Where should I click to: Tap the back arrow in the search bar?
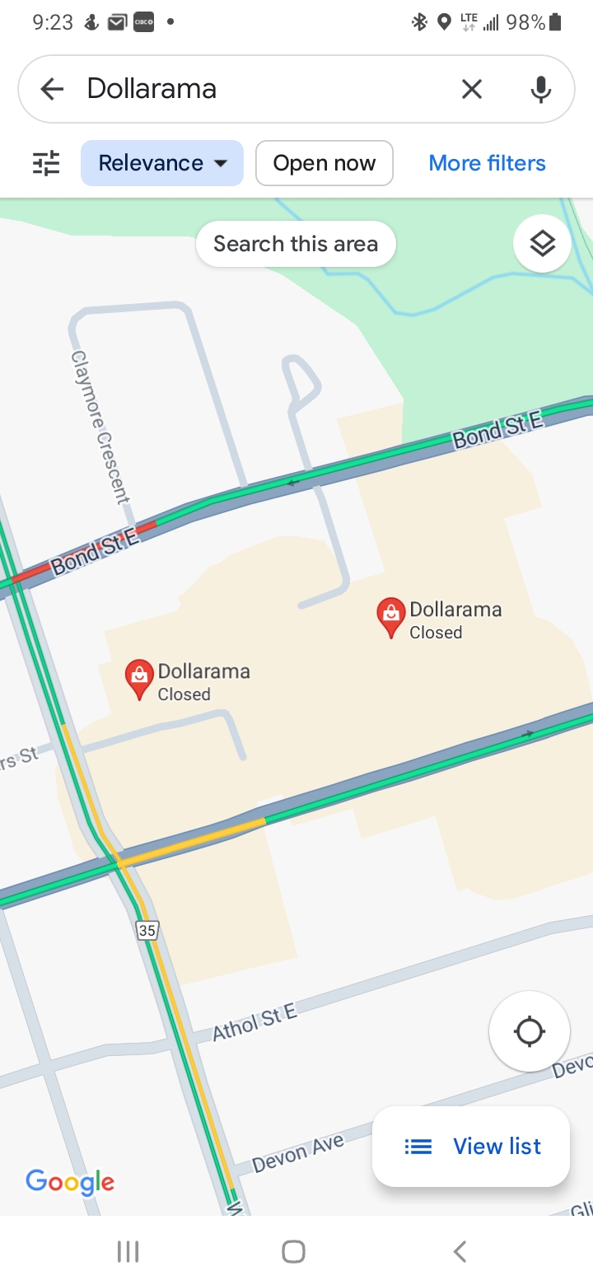[x=52, y=89]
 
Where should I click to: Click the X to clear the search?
[x=471, y=89]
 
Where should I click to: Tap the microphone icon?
[x=540, y=89]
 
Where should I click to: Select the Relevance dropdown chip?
[x=162, y=163]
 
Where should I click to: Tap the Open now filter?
[x=324, y=163]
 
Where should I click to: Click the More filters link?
[x=487, y=163]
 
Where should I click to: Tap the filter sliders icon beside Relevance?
[x=46, y=163]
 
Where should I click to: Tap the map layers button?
[x=542, y=244]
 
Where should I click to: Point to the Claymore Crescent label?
[x=100, y=427]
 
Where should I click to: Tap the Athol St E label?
[x=254, y=1022]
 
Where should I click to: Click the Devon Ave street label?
[x=297, y=1152]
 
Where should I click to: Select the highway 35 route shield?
[x=147, y=931]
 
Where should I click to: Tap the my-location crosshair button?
[x=529, y=1031]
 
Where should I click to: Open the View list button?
[x=471, y=1146]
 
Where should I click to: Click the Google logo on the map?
[x=70, y=1182]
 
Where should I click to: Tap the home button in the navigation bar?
[x=293, y=1252]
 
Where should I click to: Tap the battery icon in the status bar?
[x=556, y=22]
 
